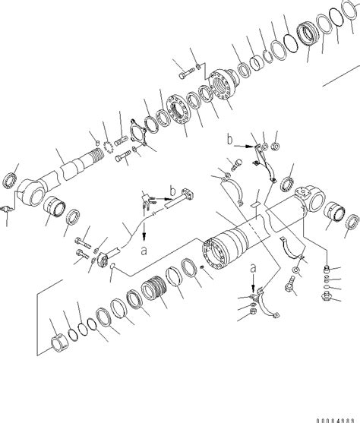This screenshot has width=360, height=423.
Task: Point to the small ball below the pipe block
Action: click(112, 267)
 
